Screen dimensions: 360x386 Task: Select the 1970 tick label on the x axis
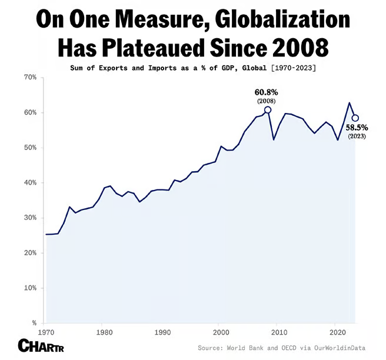point(44,332)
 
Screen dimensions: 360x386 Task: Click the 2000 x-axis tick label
point(219,332)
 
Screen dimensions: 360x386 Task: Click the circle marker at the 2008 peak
point(268,110)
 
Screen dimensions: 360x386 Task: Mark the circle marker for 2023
point(355,118)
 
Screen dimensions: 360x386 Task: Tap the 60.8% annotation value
point(267,92)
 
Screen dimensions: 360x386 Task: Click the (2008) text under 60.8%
point(267,101)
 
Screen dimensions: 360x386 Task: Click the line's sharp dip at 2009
point(274,139)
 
